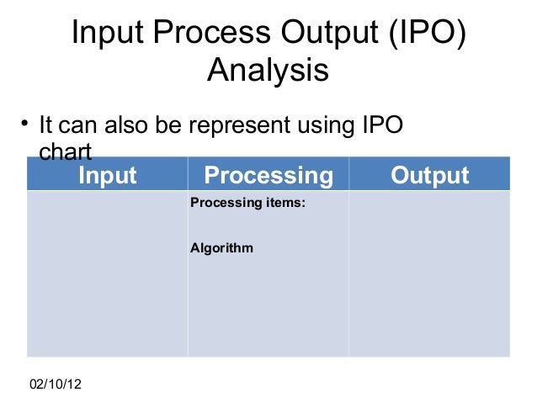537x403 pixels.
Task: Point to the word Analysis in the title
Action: click(268, 71)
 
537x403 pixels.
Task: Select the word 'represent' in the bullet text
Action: click(241, 127)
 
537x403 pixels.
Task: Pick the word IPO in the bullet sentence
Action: click(382, 127)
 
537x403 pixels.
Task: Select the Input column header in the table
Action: click(107, 175)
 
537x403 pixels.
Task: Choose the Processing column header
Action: click(268, 175)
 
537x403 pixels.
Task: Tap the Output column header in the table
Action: click(429, 175)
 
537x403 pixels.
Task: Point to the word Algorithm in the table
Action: click(221, 249)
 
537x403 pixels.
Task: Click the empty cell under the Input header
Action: click(107, 273)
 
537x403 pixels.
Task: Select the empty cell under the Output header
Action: click(429, 273)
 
